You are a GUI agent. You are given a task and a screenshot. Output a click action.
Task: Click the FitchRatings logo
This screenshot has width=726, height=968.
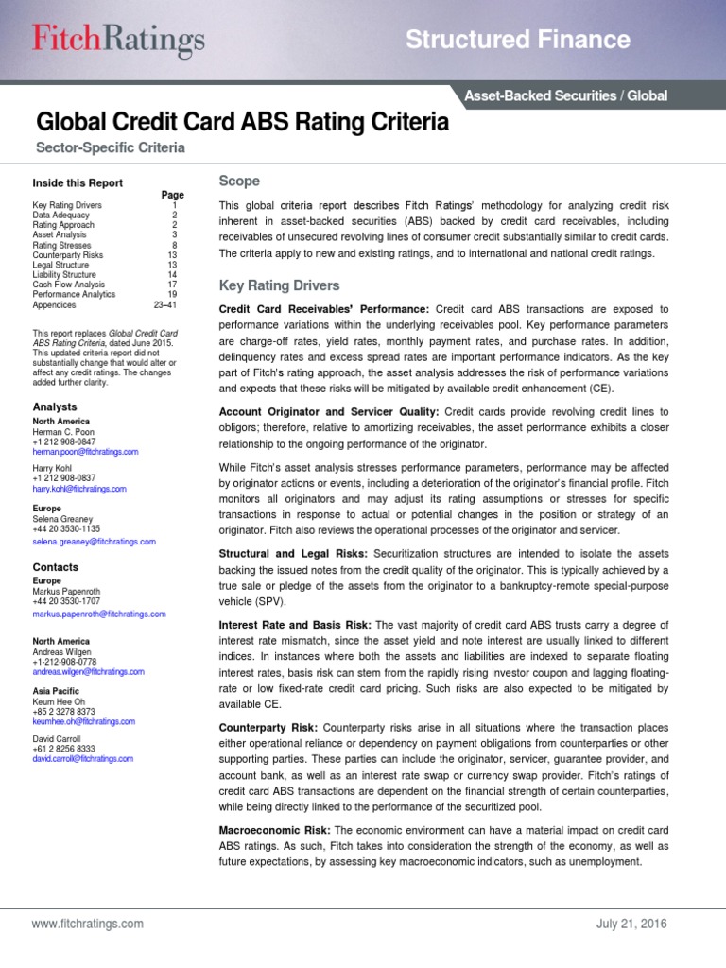(x=119, y=40)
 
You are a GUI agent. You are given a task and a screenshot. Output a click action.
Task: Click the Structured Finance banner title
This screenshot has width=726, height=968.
(x=517, y=40)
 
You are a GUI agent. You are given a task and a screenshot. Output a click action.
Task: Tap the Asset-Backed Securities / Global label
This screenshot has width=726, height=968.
(x=565, y=95)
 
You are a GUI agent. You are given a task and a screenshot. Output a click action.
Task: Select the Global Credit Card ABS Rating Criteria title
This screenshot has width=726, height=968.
(x=242, y=123)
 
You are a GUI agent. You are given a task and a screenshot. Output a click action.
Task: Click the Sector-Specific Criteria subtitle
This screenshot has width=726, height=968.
(x=111, y=148)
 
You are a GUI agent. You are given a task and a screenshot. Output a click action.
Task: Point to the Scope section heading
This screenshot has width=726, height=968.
(x=239, y=181)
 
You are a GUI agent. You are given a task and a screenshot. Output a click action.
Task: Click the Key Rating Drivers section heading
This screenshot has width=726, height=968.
(x=279, y=285)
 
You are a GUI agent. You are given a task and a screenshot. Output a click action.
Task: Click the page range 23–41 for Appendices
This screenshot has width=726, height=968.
(x=164, y=305)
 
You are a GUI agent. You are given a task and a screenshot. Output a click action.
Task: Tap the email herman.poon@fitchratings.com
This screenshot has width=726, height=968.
(x=85, y=452)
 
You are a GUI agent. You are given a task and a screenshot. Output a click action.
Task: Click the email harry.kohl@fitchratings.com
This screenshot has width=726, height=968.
(x=79, y=489)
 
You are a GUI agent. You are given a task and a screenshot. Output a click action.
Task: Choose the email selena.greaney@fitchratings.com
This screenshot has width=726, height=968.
(x=94, y=542)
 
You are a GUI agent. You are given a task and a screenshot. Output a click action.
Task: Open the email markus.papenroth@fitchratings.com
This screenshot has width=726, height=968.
(x=98, y=614)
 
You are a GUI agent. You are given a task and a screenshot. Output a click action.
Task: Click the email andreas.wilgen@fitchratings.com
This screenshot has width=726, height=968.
(x=88, y=671)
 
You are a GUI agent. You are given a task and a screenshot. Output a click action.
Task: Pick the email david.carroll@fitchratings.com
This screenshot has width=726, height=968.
(x=82, y=758)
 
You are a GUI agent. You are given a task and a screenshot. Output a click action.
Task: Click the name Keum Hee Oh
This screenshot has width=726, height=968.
(x=59, y=700)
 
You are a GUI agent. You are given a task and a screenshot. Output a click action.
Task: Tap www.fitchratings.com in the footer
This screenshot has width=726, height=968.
(x=87, y=923)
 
